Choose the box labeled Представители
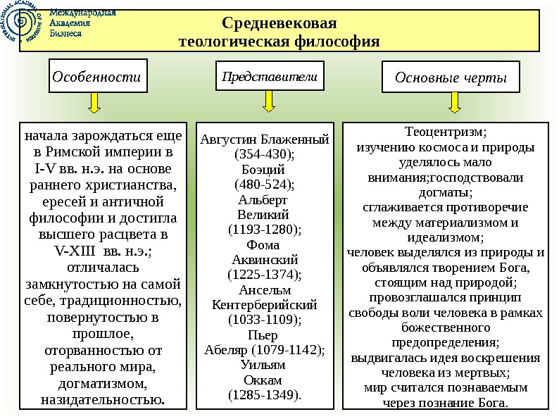270,76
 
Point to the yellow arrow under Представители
269,104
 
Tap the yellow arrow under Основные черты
455,104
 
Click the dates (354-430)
264,155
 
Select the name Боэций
263,170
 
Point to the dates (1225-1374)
265,275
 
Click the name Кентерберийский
265,305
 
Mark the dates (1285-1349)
264,395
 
